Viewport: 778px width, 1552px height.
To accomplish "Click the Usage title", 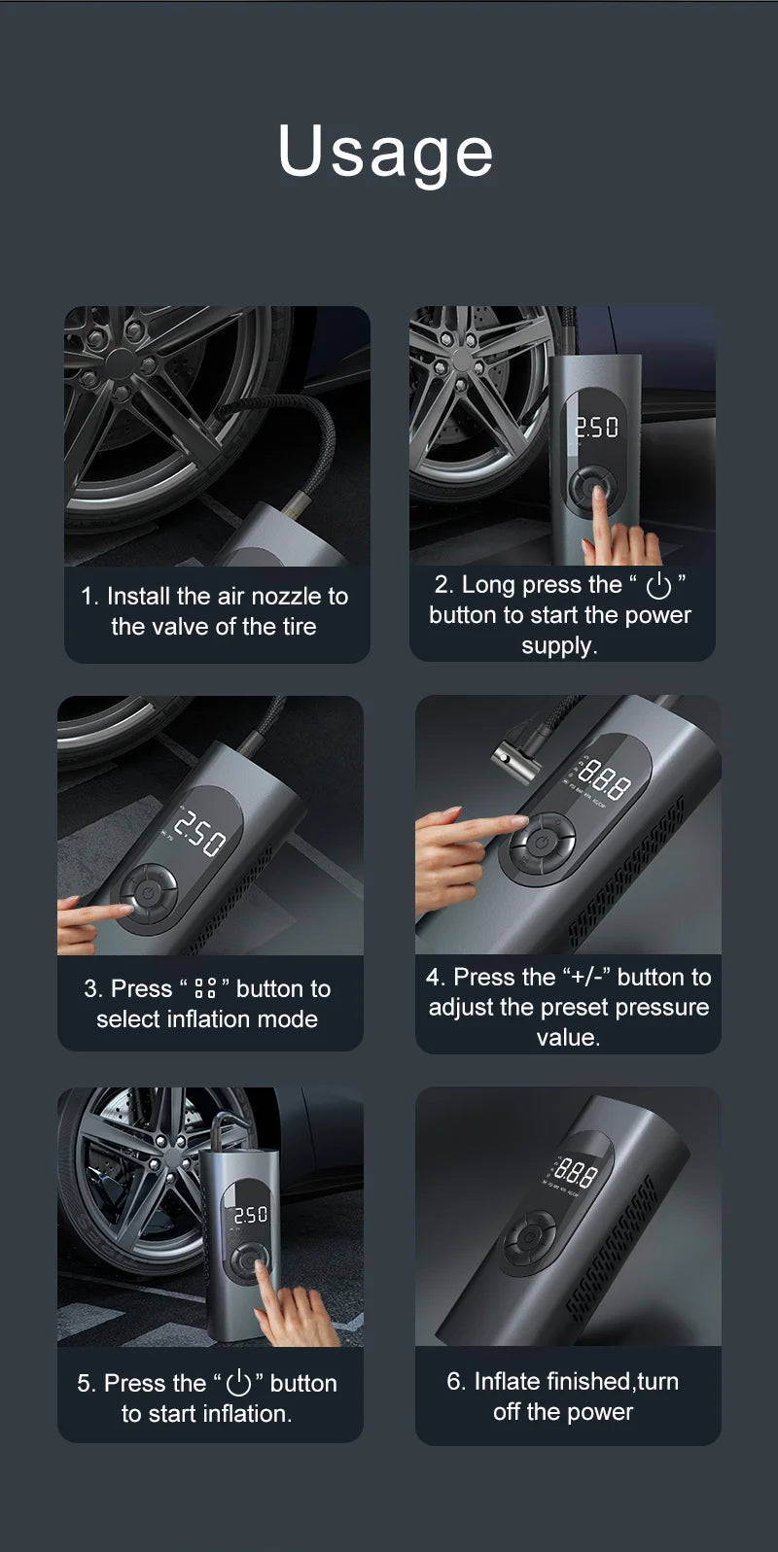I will pyautogui.click(x=386, y=152).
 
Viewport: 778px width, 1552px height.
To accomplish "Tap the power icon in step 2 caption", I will pyautogui.click(x=658, y=585).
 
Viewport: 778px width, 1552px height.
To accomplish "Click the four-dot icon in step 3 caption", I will pyautogui.click(x=205, y=989).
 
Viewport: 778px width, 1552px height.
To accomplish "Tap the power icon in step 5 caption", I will pyautogui.click(x=238, y=1383).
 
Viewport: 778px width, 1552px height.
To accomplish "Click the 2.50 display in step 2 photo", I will pyautogui.click(x=596, y=428).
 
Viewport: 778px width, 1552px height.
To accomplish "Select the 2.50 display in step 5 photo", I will pyautogui.click(x=250, y=1215).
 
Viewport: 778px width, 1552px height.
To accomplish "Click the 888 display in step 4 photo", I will pyautogui.click(x=603, y=779).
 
